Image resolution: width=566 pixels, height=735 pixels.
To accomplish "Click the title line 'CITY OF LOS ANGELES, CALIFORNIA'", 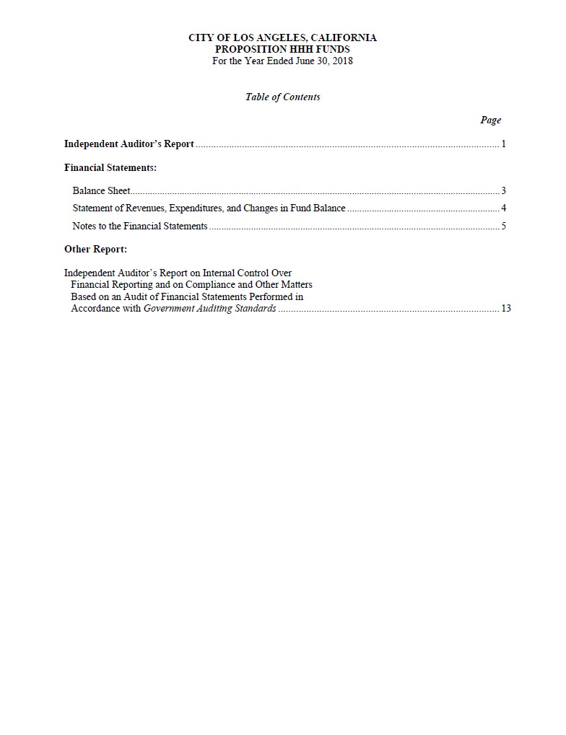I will click(282, 38).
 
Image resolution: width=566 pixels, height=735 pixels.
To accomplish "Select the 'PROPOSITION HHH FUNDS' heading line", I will click(282, 49).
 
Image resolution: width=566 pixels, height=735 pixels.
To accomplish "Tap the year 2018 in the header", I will click(341, 61).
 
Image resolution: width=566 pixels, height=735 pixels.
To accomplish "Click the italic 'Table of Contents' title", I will click(282, 97).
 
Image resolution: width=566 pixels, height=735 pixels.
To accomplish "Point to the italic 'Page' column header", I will click(490, 120).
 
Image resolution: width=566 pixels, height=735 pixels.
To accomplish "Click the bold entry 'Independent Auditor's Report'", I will click(129, 144).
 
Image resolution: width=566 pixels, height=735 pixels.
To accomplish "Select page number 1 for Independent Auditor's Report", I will click(503, 144).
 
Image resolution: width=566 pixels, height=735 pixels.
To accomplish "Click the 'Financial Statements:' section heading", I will click(110, 167).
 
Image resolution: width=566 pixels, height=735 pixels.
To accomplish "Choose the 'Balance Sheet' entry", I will click(101, 191).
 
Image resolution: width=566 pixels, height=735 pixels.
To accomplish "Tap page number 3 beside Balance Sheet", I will click(503, 191).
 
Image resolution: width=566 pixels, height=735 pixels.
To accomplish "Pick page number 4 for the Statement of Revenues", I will click(503, 208).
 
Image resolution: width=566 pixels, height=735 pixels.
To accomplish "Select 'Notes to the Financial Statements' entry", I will click(139, 226).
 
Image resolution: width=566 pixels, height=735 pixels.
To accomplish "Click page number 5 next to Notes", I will click(503, 226).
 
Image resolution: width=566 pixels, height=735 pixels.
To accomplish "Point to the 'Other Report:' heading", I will click(95, 250).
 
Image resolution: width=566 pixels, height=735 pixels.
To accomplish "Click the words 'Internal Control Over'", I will click(247, 273).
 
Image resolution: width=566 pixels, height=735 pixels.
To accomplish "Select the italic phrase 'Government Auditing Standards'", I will click(209, 308).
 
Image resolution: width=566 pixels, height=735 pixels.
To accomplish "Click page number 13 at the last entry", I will click(505, 308).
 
